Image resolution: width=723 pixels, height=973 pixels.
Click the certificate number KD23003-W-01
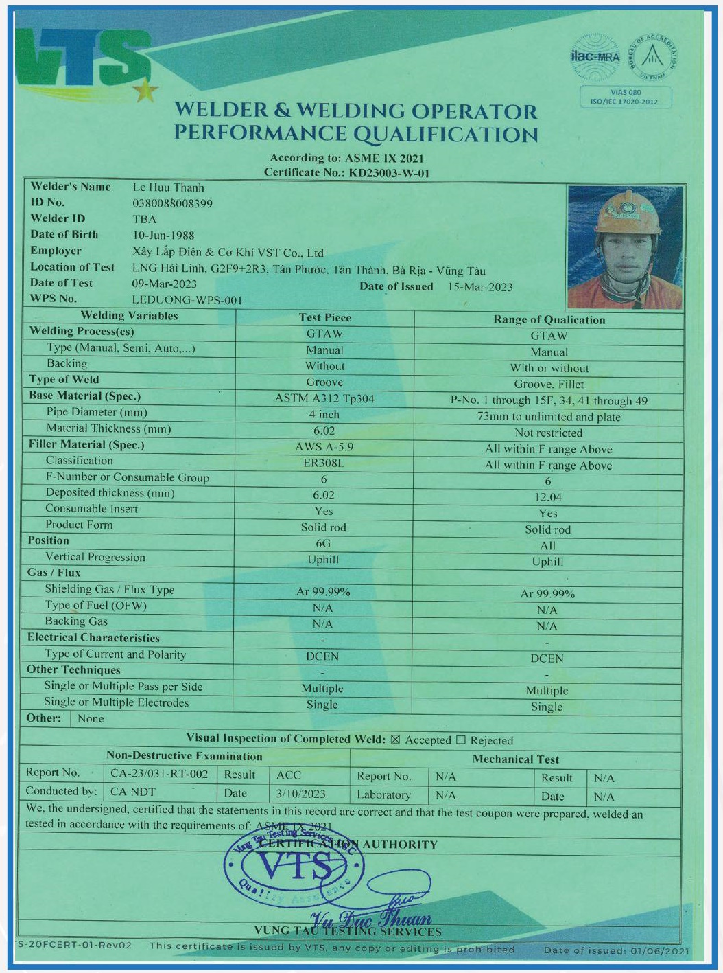pos(389,173)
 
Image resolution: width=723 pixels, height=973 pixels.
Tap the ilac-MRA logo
pos(595,56)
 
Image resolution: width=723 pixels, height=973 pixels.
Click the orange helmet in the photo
pos(628,213)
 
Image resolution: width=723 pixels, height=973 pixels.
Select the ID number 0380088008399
pos(172,203)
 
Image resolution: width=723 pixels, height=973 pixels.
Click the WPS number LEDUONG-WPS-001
pos(187,300)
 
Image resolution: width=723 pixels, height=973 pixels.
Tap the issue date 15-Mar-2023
pos(480,287)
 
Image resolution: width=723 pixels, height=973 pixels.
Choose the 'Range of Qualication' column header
pos(549,320)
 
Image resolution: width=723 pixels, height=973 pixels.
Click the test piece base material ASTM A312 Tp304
pos(324,398)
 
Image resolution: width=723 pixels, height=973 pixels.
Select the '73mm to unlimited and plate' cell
pos(549,417)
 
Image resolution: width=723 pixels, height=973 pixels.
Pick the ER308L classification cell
pos(324,463)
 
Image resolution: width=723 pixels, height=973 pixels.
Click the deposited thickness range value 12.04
pos(547,497)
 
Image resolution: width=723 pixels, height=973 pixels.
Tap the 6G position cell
pos(323,543)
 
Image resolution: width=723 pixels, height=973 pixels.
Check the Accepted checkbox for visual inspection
pos(395,740)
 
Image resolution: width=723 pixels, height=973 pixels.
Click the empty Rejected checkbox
pos(461,740)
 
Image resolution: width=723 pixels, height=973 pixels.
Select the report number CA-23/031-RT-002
pos(159,774)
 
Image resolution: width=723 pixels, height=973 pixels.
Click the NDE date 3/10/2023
pos(300,794)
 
